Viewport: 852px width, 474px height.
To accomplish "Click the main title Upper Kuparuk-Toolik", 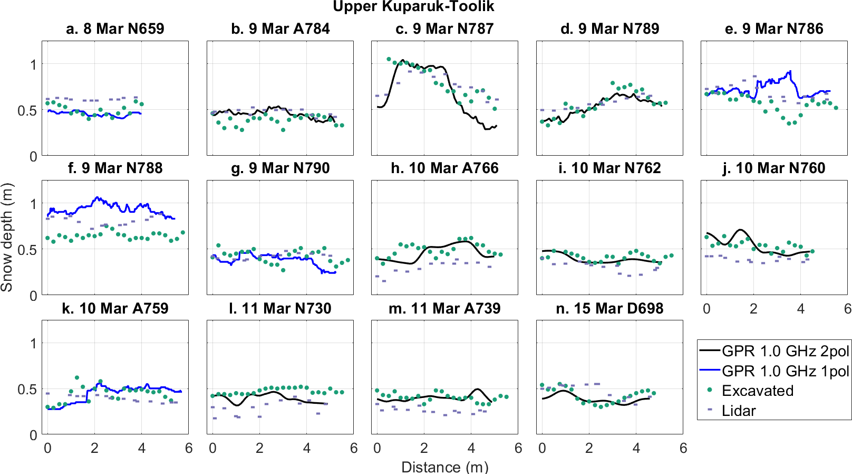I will point(413,7).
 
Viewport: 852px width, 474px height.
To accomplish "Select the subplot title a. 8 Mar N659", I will point(115,29).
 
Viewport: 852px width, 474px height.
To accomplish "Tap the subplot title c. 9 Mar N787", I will point(444,29).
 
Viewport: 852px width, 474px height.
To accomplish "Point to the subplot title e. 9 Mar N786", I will point(774,29).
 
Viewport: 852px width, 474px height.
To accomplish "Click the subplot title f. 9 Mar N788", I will point(115,168).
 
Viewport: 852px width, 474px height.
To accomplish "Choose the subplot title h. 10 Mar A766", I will point(444,168).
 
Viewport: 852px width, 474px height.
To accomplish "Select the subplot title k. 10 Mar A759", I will point(115,308).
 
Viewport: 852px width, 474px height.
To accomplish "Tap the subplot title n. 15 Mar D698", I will point(609,308).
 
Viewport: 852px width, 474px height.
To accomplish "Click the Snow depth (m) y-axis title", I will point(7,238).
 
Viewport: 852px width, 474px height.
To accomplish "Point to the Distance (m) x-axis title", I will point(444,467).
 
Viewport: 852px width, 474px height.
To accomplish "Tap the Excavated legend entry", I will point(757,391).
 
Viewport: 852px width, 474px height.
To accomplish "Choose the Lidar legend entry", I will point(738,411).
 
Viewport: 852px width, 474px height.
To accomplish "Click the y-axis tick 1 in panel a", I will point(34,65).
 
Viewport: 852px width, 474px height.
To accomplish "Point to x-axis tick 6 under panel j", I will point(848,309).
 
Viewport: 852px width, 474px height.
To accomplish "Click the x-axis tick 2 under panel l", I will point(259,449).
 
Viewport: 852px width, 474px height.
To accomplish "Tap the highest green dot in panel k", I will point(77,378).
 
